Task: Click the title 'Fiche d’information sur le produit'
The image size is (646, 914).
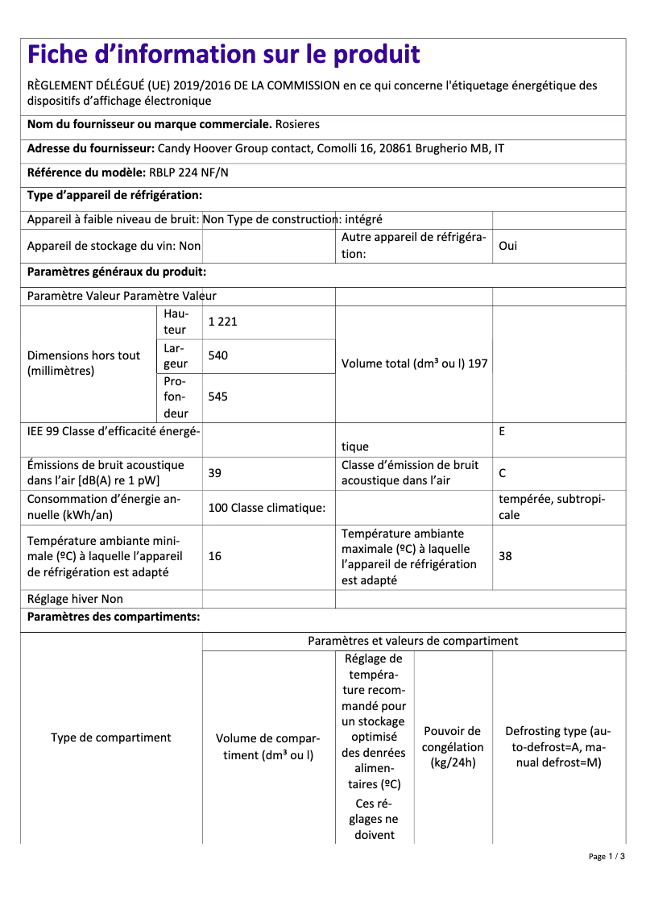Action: (223, 55)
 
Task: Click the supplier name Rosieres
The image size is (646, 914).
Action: (297, 125)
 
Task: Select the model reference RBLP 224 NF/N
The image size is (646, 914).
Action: (188, 172)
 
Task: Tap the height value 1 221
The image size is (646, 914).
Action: (222, 322)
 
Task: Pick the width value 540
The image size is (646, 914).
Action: (217, 355)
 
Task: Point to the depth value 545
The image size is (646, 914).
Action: (217, 397)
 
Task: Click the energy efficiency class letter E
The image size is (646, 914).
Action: (502, 431)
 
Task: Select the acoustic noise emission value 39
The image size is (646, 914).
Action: (214, 473)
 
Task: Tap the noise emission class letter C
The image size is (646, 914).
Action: (503, 473)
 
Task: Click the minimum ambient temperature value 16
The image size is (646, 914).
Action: (214, 556)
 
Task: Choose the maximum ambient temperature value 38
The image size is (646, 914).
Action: (505, 556)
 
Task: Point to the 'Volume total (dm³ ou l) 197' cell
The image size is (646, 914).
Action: (414, 364)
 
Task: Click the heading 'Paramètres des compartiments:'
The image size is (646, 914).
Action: (114, 617)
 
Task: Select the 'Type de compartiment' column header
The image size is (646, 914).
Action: (111, 737)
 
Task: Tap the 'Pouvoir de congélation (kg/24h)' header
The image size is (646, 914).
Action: (453, 746)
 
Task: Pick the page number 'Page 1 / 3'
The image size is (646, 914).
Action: (607, 856)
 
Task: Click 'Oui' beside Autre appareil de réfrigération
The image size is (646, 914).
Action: (507, 246)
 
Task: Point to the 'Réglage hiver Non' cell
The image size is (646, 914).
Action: (75, 599)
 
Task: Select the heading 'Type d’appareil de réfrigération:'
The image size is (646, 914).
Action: (114, 196)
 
